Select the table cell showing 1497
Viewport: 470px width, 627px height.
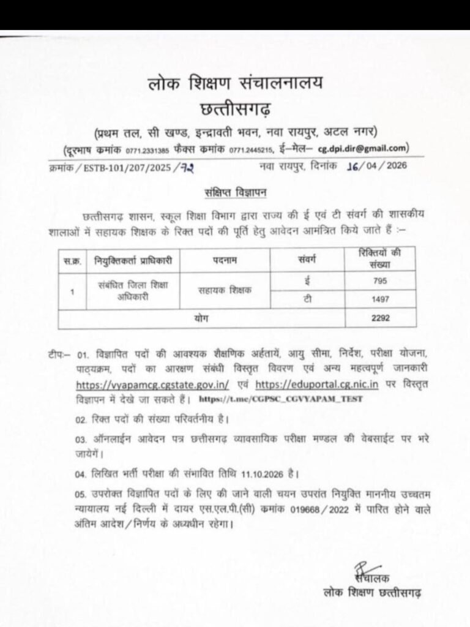pyautogui.click(x=376, y=301)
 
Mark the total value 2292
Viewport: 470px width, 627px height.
pyautogui.click(x=376, y=318)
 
